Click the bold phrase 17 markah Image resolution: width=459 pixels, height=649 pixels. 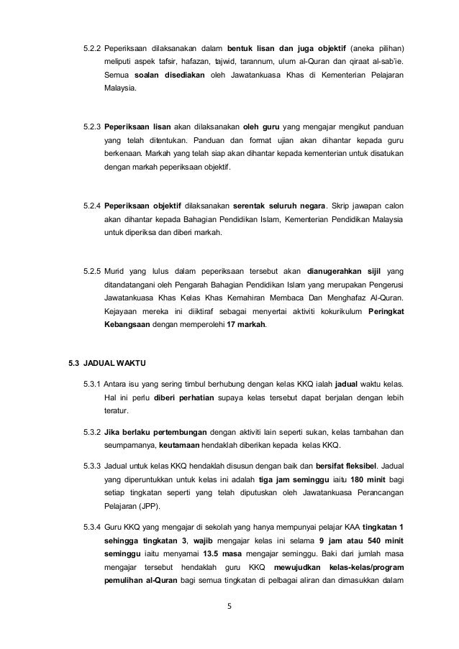[x=247, y=325]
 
